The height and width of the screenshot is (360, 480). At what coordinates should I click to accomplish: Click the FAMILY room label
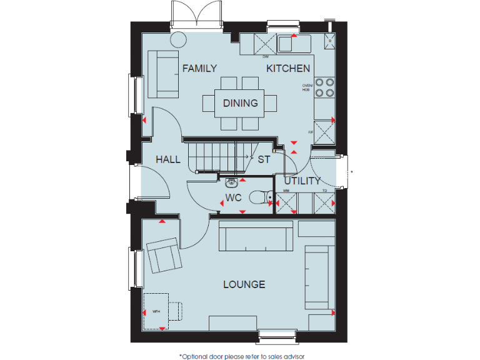tap(199, 69)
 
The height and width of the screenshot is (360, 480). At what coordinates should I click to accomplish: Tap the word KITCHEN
tap(288, 69)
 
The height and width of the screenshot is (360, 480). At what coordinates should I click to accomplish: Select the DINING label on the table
tap(240, 103)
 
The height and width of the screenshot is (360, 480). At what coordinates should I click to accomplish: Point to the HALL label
tap(168, 159)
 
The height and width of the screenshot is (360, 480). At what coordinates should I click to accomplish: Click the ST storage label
tap(264, 159)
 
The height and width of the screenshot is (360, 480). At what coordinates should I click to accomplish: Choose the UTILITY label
tap(302, 181)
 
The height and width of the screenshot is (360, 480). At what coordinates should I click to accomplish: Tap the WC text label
tap(234, 199)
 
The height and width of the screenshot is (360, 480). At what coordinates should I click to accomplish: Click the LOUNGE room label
tap(244, 284)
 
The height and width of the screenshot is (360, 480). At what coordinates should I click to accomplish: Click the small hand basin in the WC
tap(232, 182)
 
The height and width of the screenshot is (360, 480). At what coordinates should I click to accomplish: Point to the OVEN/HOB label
tap(306, 87)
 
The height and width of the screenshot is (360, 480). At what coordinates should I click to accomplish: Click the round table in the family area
tap(178, 39)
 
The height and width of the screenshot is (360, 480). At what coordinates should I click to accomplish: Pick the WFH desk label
tap(156, 311)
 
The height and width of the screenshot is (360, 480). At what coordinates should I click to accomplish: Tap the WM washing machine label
tap(286, 190)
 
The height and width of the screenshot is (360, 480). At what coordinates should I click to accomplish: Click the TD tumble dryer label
tap(324, 190)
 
